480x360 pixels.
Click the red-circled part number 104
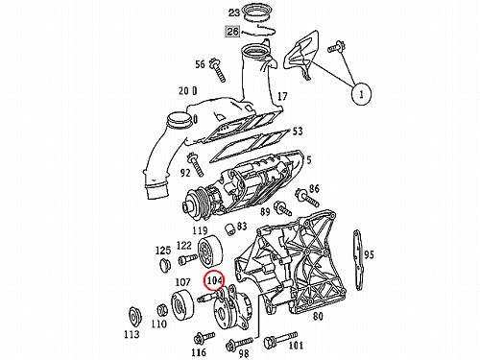pyautogui.click(x=214, y=280)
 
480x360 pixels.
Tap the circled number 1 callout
pyautogui.click(x=362, y=94)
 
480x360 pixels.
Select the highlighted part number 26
pyautogui.click(x=233, y=32)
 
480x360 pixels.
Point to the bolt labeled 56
pyautogui.click(x=218, y=71)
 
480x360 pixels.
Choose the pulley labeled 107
pyautogui.click(x=182, y=305)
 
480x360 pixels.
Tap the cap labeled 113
pyautogui.click(x=133, y=318)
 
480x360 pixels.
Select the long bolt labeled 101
pyautogui.click(x=280, y=340)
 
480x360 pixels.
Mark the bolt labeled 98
pyautogui.click(x=239, y=343)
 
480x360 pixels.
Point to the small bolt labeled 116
pyautogui.click(x=204, y=338)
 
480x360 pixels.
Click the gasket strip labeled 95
pyautogui.click(x=358, y=260)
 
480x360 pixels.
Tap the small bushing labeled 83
pyautogui.click(x=229, y=229)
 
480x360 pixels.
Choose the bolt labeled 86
pyautogui.click(x=307, y=197)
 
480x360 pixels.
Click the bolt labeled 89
pyautogui.click(x=283, y=208)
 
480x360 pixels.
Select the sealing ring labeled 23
pyautogui.click(x=256, y=13)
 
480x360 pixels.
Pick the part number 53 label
pyautogui.click(x=298, y=132)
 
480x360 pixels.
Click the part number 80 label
pyautogui.click(x=318, y=316)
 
